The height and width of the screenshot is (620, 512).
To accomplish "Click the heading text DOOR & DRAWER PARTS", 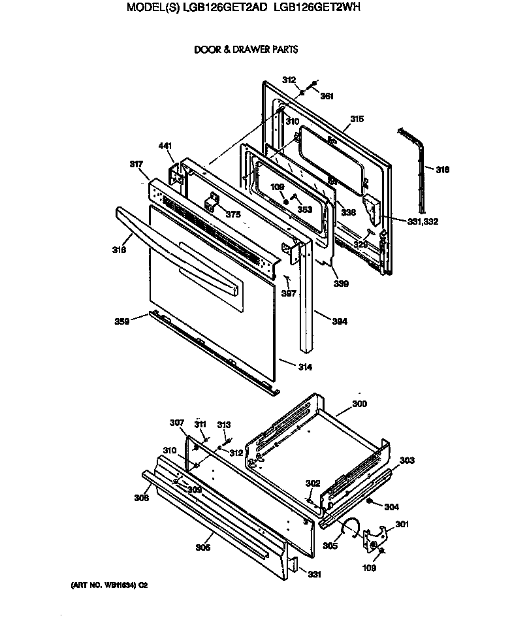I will (x=246, y=50).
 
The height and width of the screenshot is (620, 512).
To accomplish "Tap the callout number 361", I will (x=327, y=96).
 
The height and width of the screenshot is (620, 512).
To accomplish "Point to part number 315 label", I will (x=357, y=119).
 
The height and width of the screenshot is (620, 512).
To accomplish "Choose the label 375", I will (x=233, y=214).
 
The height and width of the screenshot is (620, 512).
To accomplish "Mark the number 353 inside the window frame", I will (x=304, y=209).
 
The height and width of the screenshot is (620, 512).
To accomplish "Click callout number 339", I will (x=340, y=284).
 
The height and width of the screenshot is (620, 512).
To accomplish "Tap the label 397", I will (x=289, y=293).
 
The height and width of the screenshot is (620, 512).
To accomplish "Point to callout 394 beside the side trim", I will (x=339, y=321).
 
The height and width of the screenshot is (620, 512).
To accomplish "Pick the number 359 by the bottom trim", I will (x=122, y=321).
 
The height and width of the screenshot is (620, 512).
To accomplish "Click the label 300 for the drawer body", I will (x=359, y=404).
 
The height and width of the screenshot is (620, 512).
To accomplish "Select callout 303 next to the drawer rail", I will (x=407, y=461).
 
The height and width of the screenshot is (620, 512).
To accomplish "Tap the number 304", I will (x=391, y=506).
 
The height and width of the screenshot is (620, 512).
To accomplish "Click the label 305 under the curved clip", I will (x=330, y=545).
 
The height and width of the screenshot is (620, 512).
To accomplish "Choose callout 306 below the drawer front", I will (x=203, y=547).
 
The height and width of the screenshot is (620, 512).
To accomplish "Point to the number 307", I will (x=177, y=423).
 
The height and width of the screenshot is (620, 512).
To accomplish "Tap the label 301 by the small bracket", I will (x=402, y=523).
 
